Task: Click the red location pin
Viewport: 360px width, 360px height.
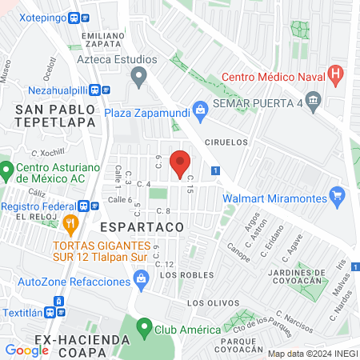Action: pos(182,162)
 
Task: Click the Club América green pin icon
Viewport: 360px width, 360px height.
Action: pos(144,327)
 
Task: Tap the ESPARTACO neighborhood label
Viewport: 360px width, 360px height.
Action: pos(142,227)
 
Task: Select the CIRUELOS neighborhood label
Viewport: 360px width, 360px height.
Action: pos(226,142)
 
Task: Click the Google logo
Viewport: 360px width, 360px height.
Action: pos(26,350)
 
